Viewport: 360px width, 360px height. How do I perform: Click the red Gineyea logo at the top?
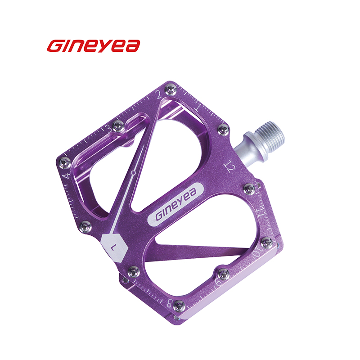coord(94,46)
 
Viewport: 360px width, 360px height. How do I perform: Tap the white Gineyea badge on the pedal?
coord(175,204)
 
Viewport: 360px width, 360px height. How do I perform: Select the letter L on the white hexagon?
coord(114,247)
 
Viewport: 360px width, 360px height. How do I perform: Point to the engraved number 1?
coord(198,107)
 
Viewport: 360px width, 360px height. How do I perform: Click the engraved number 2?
coord(159,94)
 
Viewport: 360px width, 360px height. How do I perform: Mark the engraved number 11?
coord(262,211)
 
